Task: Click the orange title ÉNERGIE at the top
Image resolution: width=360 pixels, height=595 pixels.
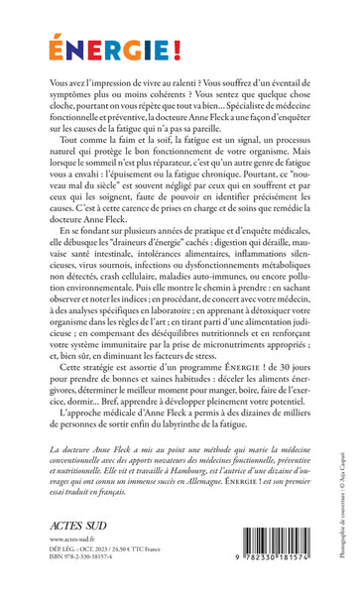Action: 95,47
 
